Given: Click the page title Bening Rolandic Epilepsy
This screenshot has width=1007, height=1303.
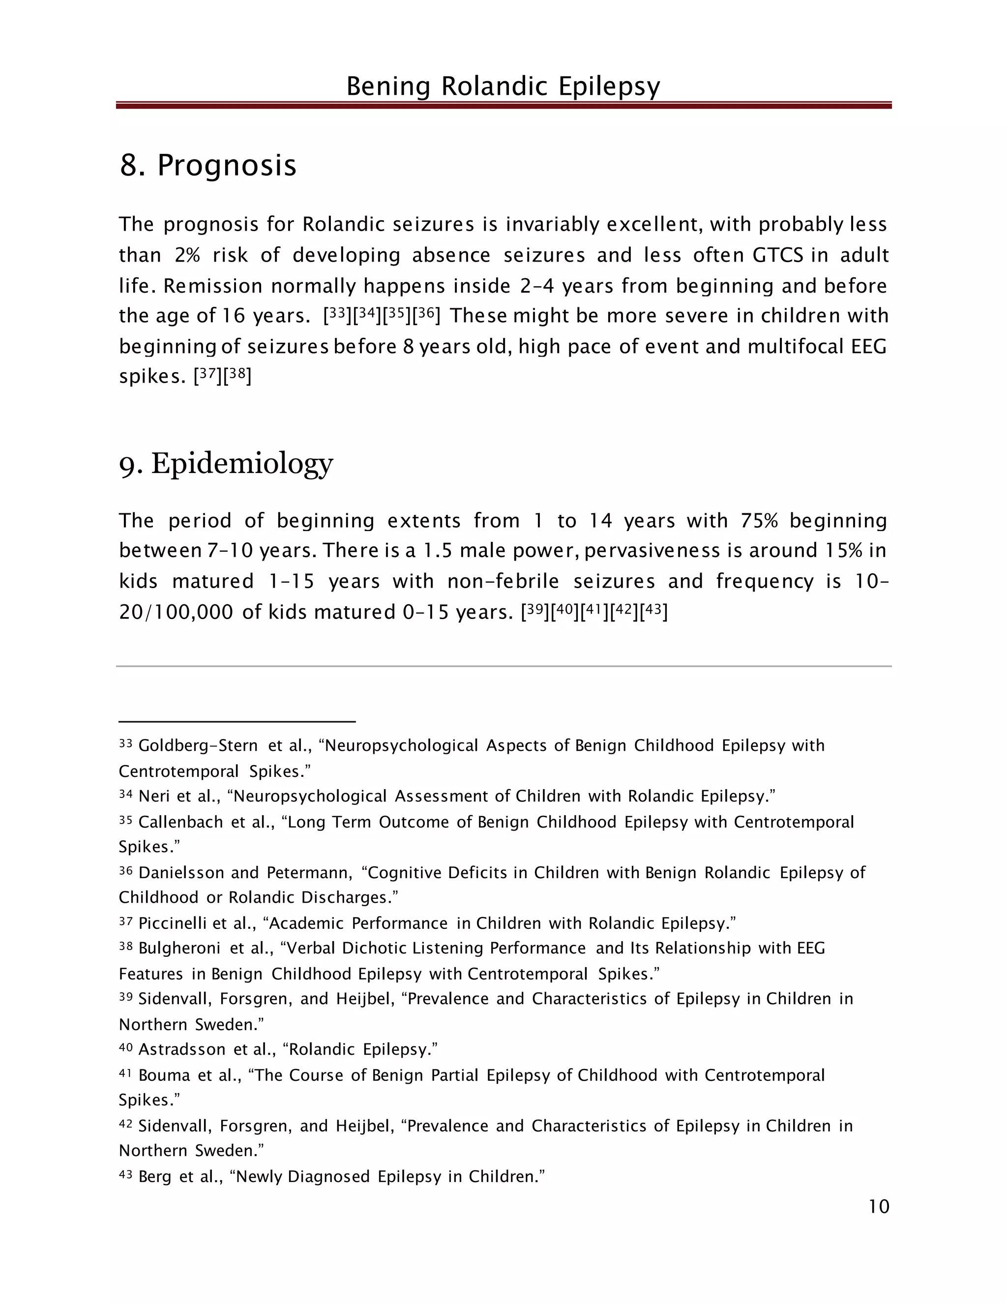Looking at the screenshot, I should pos(503,87).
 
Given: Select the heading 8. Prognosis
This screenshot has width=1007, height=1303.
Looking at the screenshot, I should pos(207,165).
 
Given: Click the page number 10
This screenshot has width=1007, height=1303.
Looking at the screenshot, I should pos(879,1206).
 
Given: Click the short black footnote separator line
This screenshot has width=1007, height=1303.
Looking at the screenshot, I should pos(237,722).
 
